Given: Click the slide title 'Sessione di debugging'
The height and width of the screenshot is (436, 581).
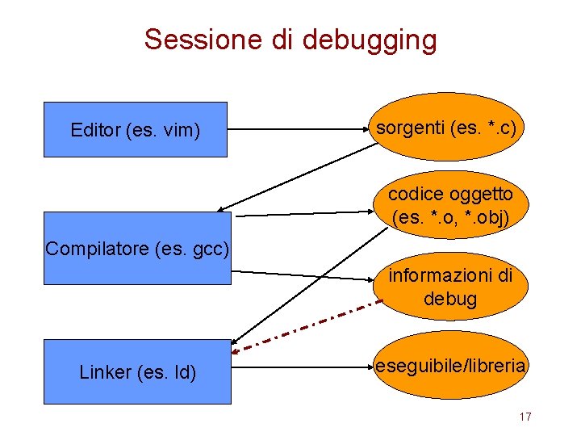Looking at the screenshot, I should [x=290, y=39].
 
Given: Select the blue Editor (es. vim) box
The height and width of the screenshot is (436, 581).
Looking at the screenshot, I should [x=135, y=129].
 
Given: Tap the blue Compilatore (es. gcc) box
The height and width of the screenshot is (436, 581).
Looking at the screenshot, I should [x=137, y=249].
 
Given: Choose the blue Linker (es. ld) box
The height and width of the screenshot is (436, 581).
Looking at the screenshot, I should [x=137, y=371].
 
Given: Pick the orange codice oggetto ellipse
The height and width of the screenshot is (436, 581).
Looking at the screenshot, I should [x=450, y=206].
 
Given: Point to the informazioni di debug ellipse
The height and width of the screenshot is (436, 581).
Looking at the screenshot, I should [x=450, y=287].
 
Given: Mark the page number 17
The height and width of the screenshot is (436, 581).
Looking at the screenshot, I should [x=525, y=417].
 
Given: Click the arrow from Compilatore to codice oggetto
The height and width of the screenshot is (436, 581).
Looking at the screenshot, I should [x=307, y=213].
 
